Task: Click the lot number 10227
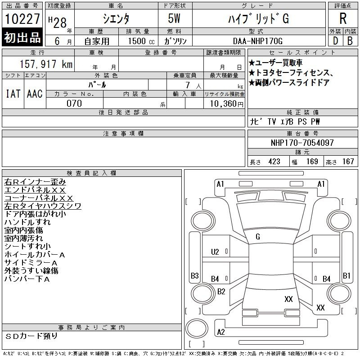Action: click(22, 19)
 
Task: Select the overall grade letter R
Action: click(343, 18)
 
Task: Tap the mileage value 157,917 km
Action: click(46, 64)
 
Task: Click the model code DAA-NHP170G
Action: click(257, 41)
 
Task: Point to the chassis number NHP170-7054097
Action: click(302, 143)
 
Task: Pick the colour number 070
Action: click(74, 103)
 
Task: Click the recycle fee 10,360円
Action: click(227, 104)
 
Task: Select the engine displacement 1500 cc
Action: click(141, 41)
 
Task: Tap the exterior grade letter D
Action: click(335, 41)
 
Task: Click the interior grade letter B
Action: click(350, 41)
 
